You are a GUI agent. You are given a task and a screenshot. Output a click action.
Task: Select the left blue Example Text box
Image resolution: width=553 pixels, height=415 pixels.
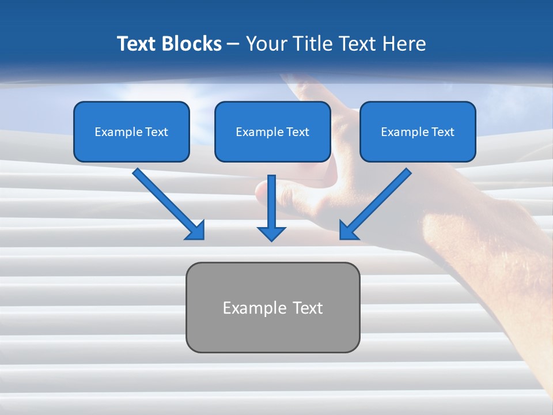pyautogui.click(x=131, y=132)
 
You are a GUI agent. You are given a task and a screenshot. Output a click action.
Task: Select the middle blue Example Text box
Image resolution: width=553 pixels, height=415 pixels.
pyautogui.click(x=272, y=132)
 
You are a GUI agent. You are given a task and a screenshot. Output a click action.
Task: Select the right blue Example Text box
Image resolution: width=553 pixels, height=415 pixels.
pyautogui.click(x=418, y=132)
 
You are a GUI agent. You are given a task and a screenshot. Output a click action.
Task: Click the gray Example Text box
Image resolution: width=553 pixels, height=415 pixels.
pyautogui.click(x=272, y=307)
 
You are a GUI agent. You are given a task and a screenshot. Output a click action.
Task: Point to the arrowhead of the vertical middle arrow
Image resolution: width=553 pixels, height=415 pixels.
pyautogui.click(x=271, y=233)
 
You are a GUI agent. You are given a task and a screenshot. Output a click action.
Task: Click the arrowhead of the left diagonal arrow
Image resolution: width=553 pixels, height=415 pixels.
pyautogui.click(x=196, y=231)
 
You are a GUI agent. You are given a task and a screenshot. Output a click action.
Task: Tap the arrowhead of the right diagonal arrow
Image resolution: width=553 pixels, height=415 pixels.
pyautogui.click(x=348, y=231)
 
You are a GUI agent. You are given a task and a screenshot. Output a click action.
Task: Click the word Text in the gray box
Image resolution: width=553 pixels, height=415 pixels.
pyautogui.click(x=308, y=308)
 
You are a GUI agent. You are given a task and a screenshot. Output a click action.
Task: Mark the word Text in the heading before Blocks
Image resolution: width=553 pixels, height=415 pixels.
pyautogui.click(x=137, y=44)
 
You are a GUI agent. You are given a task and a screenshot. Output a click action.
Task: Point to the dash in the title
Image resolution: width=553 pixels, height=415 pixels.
pyautogui.click(x=233, y=44)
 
